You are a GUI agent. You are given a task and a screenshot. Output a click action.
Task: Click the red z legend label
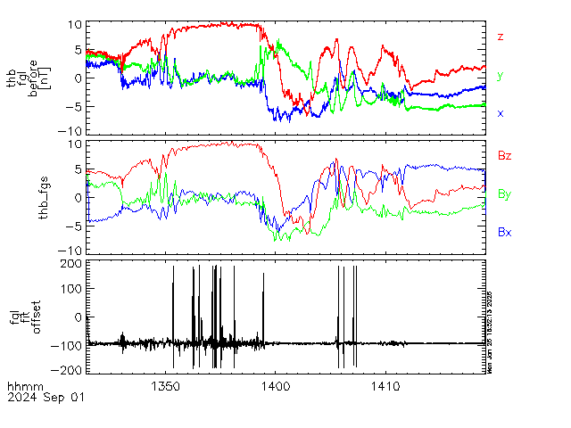501,37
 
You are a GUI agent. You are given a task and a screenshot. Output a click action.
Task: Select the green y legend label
501,76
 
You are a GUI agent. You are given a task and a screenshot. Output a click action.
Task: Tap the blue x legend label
501,113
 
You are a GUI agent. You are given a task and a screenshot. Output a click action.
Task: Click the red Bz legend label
504,155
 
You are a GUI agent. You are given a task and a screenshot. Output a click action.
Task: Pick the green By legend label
504,193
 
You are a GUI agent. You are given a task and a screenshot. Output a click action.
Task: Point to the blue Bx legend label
504,231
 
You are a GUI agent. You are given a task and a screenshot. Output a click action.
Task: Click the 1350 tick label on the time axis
167,386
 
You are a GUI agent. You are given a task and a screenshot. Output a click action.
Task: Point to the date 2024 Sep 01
46,398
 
